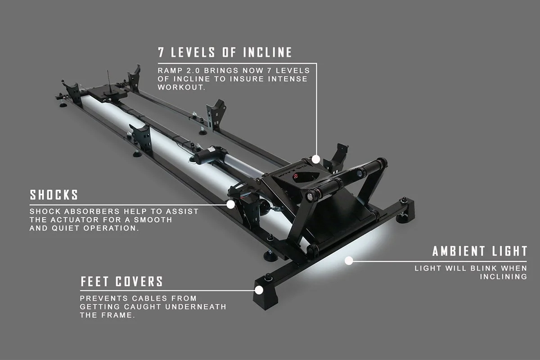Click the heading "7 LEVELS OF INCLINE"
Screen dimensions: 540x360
click(225, 52)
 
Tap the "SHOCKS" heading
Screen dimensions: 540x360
click(54, 195)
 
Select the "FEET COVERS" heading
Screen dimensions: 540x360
click(121, 282)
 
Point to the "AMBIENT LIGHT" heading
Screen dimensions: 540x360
click(480, 251)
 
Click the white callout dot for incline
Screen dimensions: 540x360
click(316, 159)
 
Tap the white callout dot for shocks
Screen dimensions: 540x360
click(231, 204)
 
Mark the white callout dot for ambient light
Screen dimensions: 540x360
click(348, 260)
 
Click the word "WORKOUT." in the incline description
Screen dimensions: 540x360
click(181, 87)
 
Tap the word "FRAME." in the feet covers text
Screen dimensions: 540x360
click(121, 315)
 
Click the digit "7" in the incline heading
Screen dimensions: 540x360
click(161, 52)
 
